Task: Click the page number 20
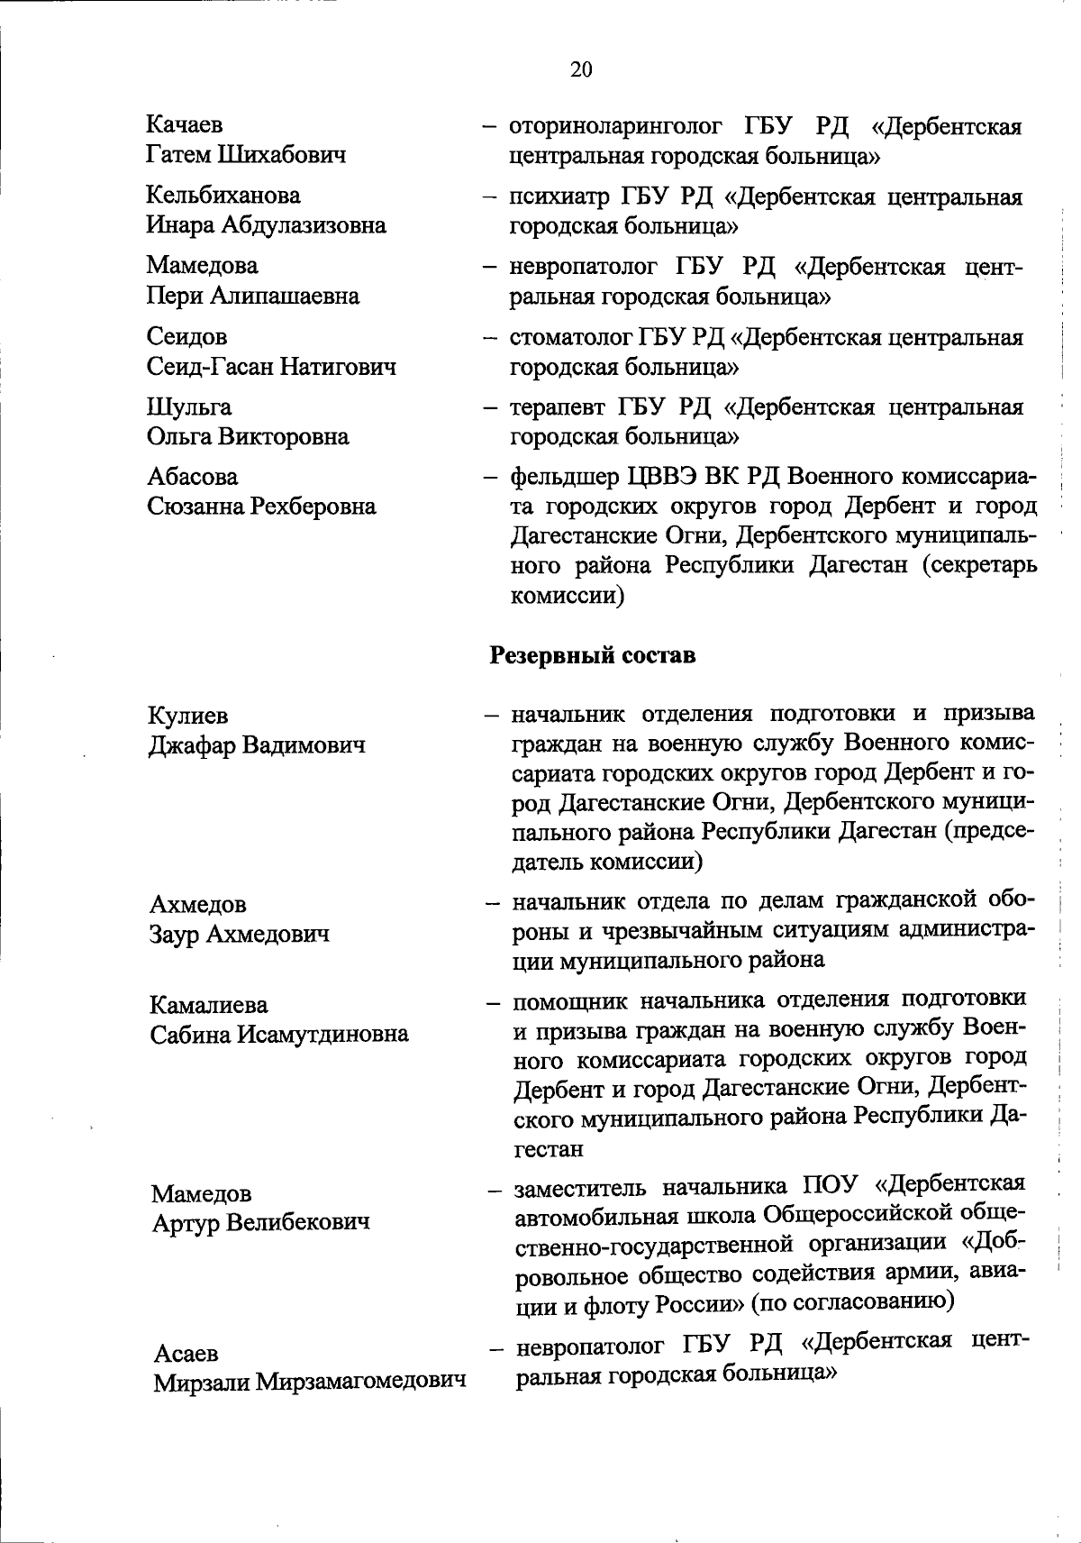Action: point(581,69)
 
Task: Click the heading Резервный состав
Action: point(593,654)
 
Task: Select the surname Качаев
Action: point(185,124)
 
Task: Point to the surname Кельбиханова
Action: point(224,195)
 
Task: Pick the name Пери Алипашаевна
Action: point(253,296)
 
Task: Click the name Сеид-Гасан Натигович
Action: point(271,366)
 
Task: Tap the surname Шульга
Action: point(189,407)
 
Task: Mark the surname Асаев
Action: point(186,1353)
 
